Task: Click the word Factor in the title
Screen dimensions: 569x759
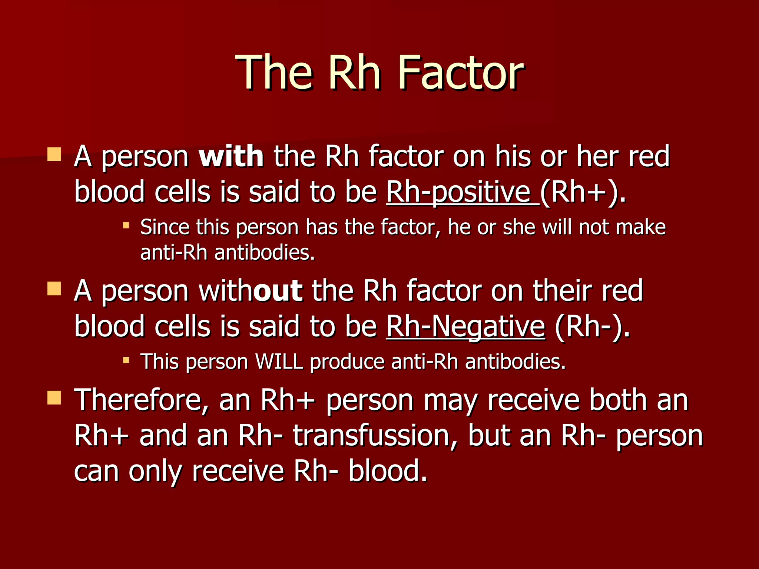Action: [461, 73]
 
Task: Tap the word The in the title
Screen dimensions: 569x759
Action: [275, 73]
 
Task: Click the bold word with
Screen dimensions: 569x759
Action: [231, 156]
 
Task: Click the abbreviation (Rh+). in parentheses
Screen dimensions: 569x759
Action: [583, 193]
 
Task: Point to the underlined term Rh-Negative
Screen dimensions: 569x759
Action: [465, 327]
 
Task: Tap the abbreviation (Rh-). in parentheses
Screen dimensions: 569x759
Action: [592, 327]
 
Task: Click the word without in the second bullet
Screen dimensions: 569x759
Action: [251, 291]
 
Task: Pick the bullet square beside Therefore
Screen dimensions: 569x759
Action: [54, 398]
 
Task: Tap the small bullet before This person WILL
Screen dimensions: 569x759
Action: [126, 360]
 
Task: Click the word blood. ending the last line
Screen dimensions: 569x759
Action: [388, 471]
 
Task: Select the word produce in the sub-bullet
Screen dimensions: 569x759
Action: [347, 362]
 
